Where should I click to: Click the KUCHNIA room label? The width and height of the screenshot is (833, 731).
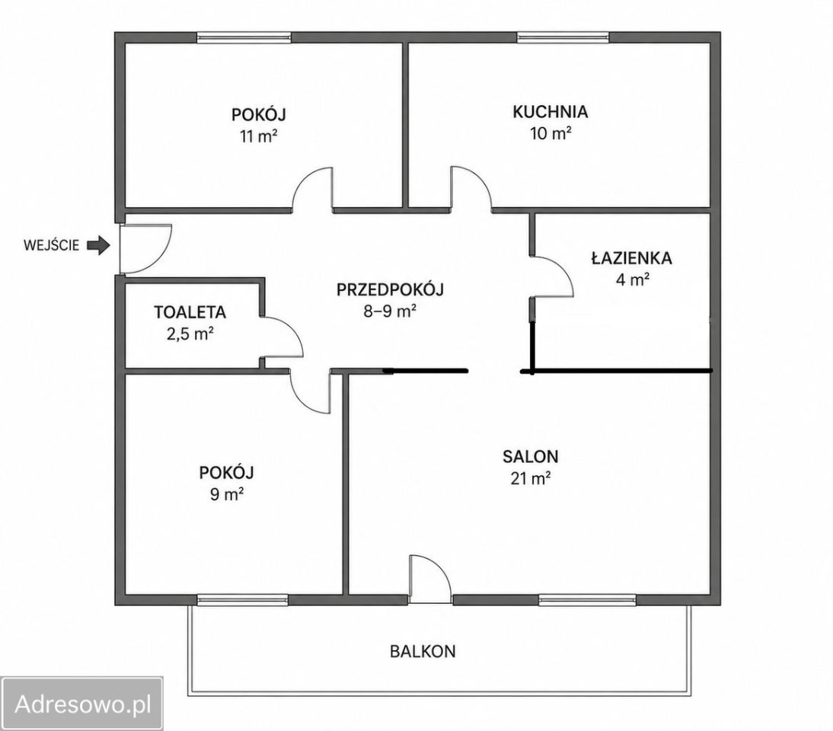(x=551, y=112)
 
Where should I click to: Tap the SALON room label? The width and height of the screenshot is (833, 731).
(x=530, y=456)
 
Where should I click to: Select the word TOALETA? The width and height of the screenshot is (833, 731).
(x=190, y=312)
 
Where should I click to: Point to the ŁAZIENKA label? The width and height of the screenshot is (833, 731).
(x=631, y=257)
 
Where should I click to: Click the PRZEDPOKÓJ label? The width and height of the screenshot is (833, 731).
(x=390, y=289)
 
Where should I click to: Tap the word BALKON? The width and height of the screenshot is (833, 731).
(x=423, y=651)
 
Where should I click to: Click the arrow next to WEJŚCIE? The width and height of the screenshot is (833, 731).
(x=98, y=245)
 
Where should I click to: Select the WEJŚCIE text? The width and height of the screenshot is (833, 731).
(x=52, y=245)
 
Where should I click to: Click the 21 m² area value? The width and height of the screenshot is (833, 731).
(x=530, y=479)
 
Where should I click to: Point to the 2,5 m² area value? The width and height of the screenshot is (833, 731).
(x=190, y=334)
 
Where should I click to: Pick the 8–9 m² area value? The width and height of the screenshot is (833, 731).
(x=389, y=311)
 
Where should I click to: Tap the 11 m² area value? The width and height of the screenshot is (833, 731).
(x=259, y=136)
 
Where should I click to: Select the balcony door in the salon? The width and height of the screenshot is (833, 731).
(x=430, y=579)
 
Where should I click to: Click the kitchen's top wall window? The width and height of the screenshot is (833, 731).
(x=563, y=37)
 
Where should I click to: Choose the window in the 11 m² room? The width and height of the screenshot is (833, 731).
(x=244, y=37)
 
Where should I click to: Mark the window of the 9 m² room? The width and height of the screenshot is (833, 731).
(x=242, y=600)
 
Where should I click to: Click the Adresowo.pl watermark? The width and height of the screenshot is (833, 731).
(x=83, y=704)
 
